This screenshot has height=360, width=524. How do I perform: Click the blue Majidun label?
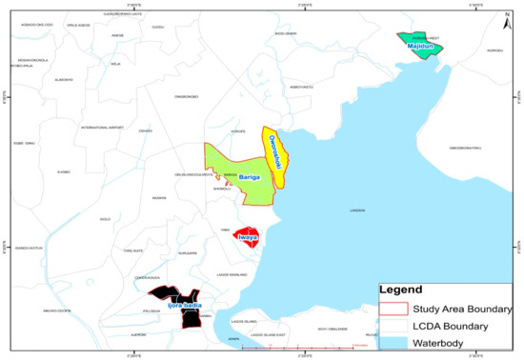click(x=420, y=45)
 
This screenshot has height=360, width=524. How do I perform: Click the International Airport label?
click(x=104, y=128)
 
